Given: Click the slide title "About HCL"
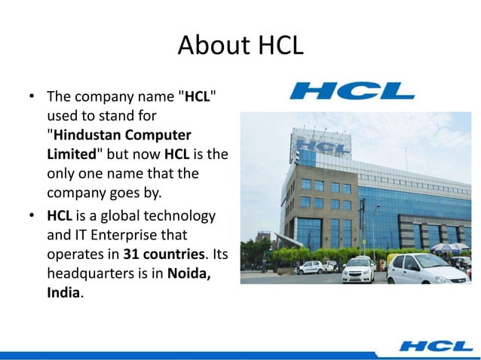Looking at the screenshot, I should (240, 47).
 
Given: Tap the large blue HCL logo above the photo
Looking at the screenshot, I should (351, 91).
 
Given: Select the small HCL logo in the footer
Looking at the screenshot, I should (437, 346).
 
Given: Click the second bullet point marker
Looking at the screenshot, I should (32, 217).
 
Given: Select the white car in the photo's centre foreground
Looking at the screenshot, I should (357, 269).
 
